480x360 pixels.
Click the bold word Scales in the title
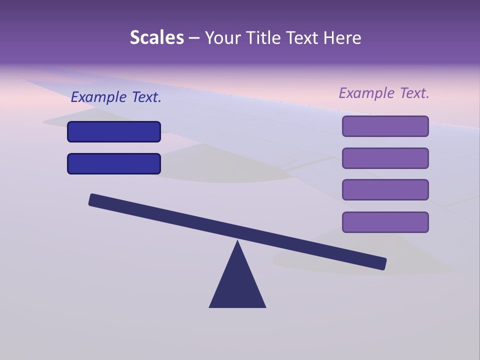tap(157, 37)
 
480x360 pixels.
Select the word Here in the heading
tap(342, 37)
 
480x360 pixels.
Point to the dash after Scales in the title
tap(194, 38)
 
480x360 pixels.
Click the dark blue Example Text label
tap(116, 97)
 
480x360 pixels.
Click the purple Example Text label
tap(384, 93)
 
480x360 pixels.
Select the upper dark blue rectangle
tap(114, 132)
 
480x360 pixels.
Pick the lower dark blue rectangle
tap(114, 164)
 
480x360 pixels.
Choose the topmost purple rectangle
tap(385, 126)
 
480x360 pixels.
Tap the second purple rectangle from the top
tap(385, 158)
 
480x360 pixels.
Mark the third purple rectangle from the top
tap(385, 190)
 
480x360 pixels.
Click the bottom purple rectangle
tap(385, 222)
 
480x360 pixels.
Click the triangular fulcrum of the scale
tap(237, 285)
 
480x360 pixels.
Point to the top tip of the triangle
tap(237, 241)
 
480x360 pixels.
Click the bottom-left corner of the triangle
tap(210, 306)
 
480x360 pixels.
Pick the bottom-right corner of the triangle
tap(265, 306)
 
